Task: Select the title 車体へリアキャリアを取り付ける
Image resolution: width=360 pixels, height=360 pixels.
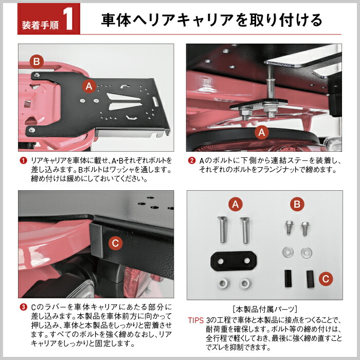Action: point(211,20)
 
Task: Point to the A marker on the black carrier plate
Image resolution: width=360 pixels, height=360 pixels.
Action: point(89,86)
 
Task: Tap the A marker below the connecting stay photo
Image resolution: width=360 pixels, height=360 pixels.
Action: point(262,132)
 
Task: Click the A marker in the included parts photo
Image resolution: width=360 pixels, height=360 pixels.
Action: point(236,204)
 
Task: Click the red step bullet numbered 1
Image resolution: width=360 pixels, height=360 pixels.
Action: point(23,160)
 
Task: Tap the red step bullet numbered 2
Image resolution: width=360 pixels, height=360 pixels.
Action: point(191,160)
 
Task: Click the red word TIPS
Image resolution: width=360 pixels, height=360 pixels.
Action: point(195,319)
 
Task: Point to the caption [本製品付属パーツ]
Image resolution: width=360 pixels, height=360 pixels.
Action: point(265,309)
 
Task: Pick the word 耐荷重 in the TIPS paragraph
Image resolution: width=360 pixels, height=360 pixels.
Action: point(218,329)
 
